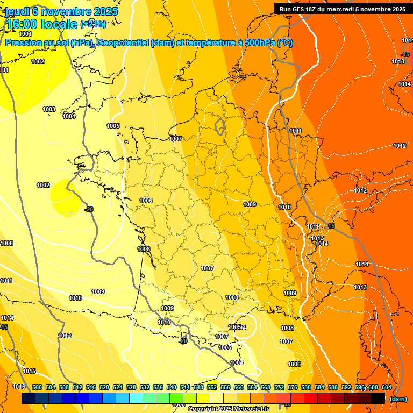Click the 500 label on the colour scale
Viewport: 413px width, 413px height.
(37, 387)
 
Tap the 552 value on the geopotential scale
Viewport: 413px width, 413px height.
(212, 387)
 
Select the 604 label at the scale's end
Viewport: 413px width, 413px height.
(386, 387)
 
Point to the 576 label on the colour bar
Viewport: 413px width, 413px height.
(293, 387)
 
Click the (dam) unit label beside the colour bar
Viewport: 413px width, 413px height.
(398, 399)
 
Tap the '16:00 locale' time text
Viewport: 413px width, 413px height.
(41, 23)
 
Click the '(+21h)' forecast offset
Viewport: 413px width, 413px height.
(93, 24)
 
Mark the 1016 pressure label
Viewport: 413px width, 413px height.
(19, 387)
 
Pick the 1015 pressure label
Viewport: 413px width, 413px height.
(29, 372)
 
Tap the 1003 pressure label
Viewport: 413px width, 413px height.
(49, 109)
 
